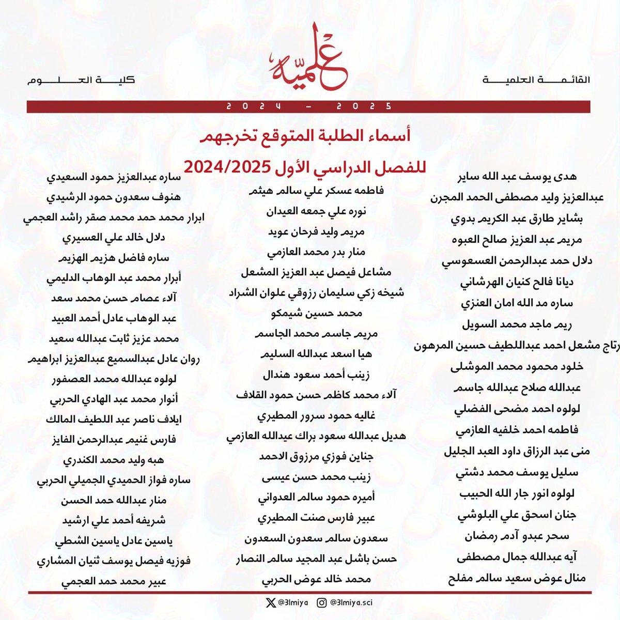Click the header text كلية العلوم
tap(80, 80)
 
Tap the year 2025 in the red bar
tap(364, 106)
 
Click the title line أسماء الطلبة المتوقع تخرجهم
tap(306, 136)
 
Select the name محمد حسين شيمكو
tap(316, 313)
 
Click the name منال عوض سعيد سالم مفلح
tap(517, 578)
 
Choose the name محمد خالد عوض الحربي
tap(316, 579)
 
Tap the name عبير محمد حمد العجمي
tap(114, 581)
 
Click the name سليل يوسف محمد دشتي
tap(517, 472)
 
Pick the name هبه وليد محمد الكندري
tap(114, 460)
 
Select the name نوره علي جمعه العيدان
tap(316, 211)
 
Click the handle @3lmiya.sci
tap(351, 602)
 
